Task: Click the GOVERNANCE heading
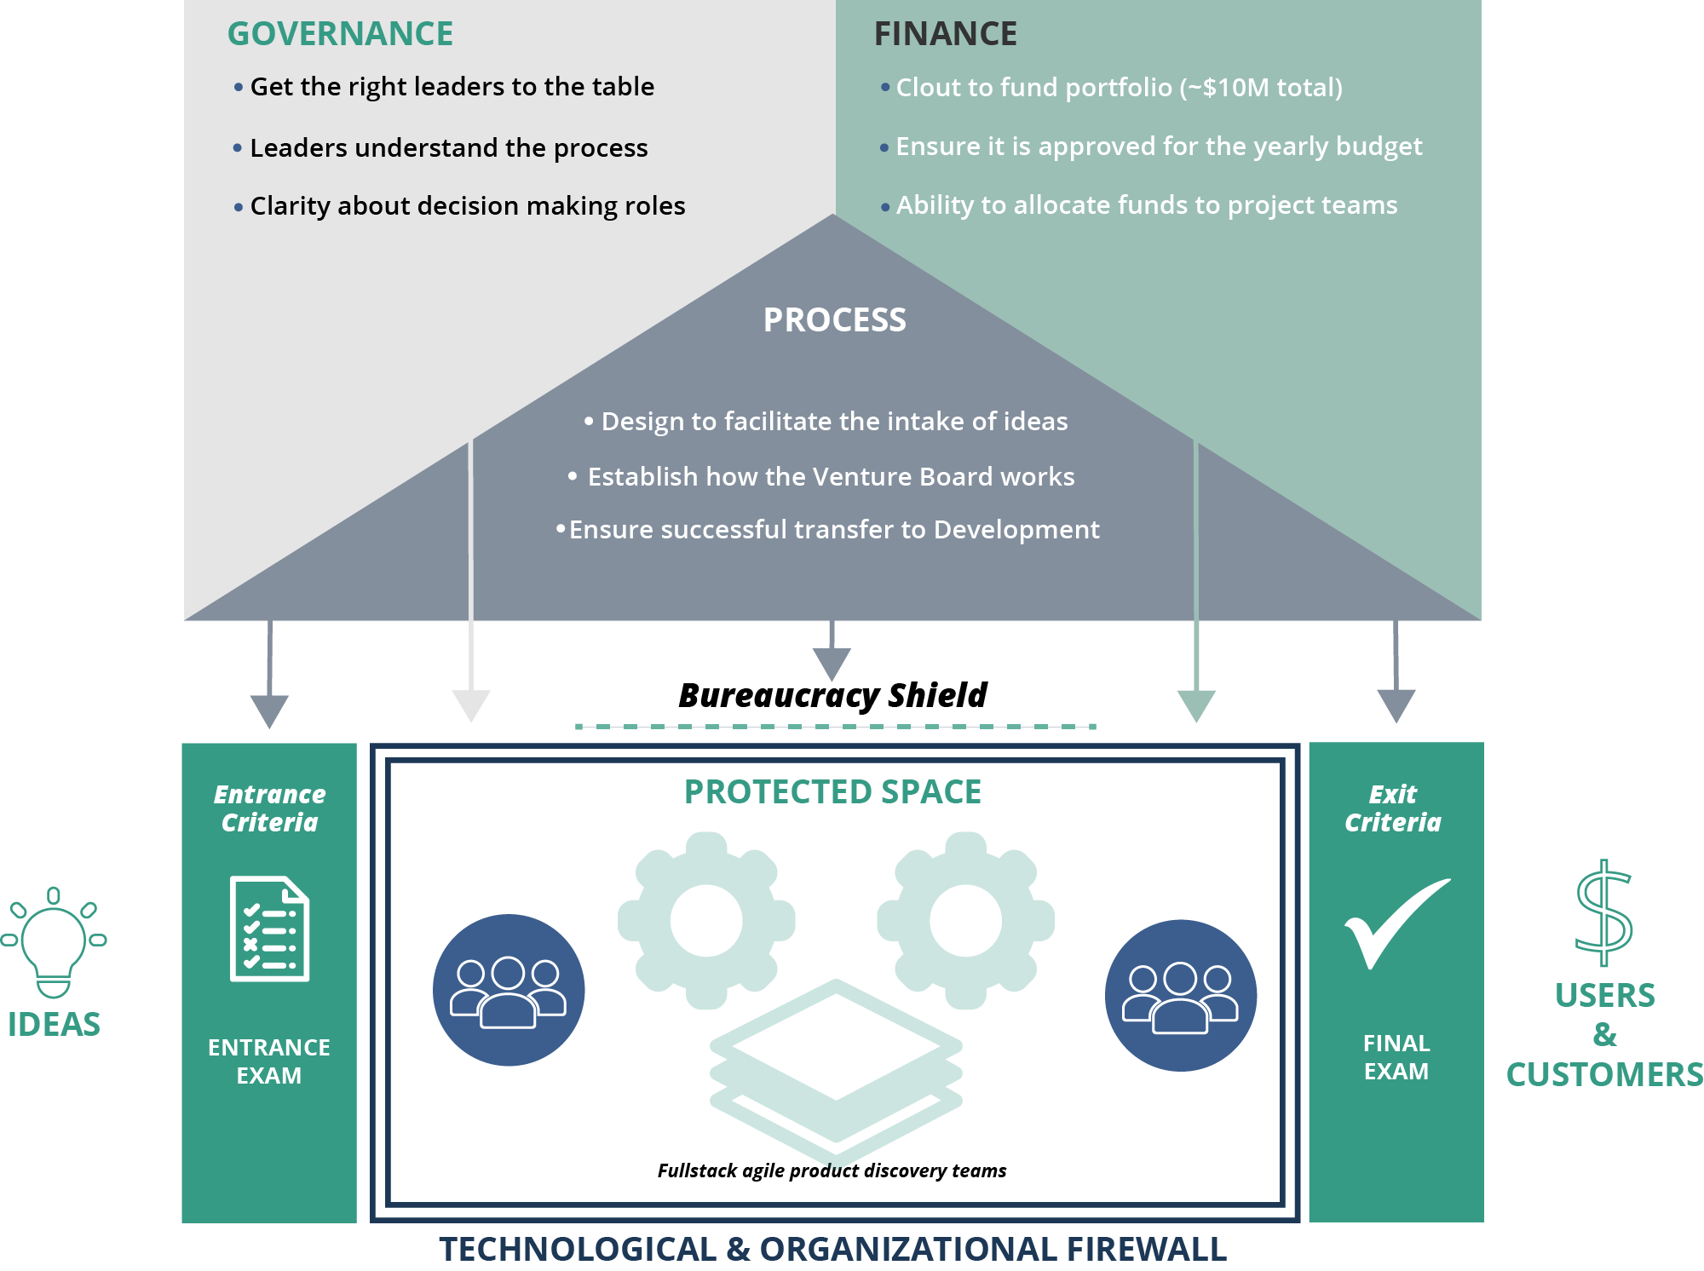340,34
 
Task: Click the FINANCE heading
945,34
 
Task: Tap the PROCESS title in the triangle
834,320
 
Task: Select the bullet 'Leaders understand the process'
448,148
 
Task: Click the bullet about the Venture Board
831,477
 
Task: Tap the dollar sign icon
1603,913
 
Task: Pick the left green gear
706,921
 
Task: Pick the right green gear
965,921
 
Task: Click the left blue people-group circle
509,990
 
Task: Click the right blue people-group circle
1180,995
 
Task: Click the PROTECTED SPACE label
832,792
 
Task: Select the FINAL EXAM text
1396,1057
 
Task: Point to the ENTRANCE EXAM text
269,1061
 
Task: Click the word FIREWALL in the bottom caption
1146,1250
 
